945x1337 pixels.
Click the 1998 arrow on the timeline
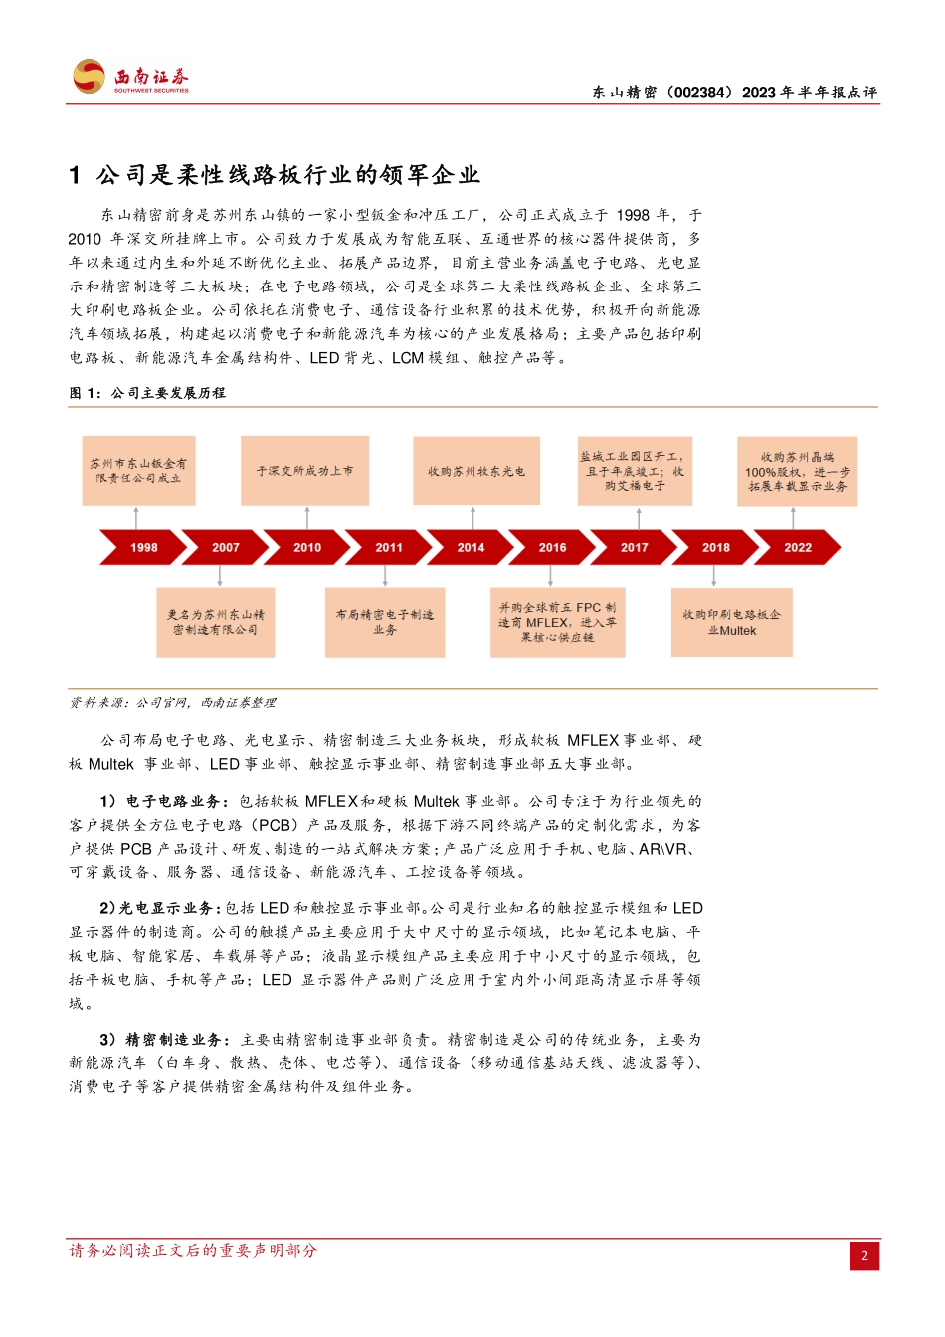pyautogui.click(x=143, y=547)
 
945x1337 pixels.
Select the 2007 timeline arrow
pyautogui.click(x=226, y=547)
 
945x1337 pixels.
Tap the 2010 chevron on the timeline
pyautogui.click(x=307, y=547)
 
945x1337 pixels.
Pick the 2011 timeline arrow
pyautogui.click(x=389, y=547)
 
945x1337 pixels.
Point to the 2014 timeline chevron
pyautogui.click(x=471, y=547)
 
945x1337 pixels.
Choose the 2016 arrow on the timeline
pyautogui.click(x=552, y=547)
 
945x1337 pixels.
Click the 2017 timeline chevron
pyautogui.click(x=634, y=547)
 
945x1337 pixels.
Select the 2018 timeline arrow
pyautogui.click(x=715, y=547)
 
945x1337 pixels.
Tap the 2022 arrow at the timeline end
pyautogui.click(x=798, y=547)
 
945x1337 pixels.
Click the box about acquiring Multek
pyautogui.click(x=731, y=622)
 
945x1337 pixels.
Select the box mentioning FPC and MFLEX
pyautogui.click(x=557, y=622)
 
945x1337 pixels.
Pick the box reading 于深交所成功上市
pyautogui.click(x=304, y=471)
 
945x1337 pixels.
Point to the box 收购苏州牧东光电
pyautogui.click(x=476, y=471)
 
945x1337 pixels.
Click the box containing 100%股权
pyautogui.click(x=797, y=472)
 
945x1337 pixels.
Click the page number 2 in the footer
pyautogui.click(x=864, y=1255)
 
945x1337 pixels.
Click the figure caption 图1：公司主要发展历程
pyautogui.click(x=147, y=393)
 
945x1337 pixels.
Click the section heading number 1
pyautogui.click(x=75, y=176)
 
